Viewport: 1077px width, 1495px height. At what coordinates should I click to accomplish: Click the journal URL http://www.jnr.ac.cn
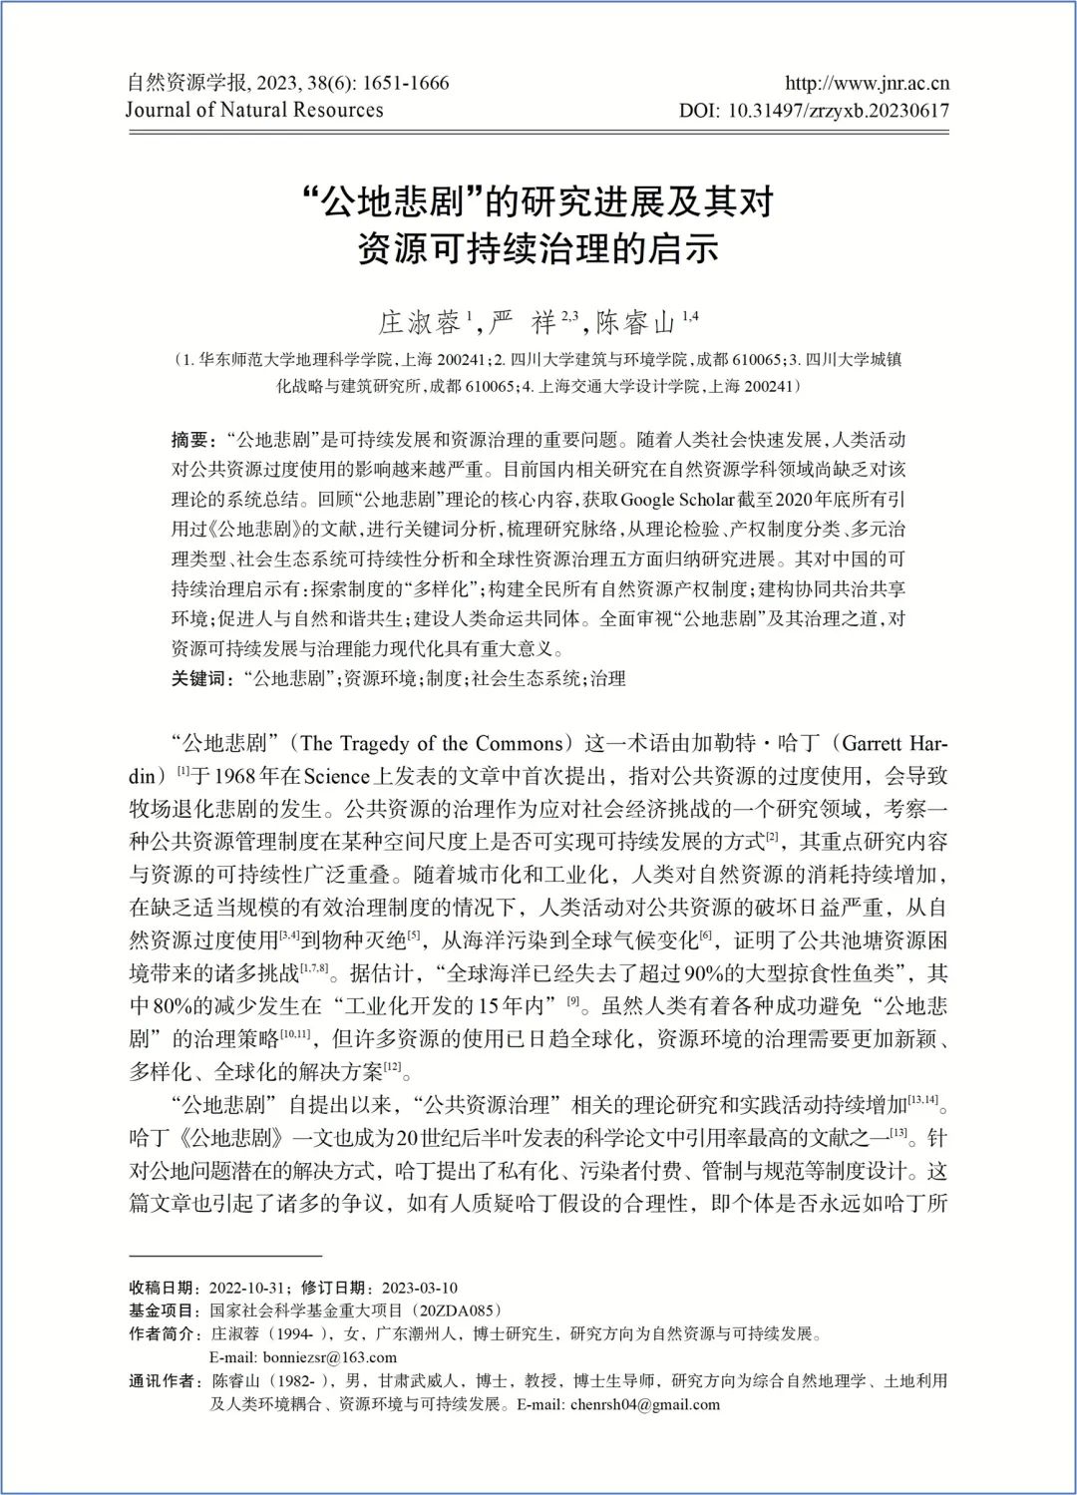pyautogui.click(x=867, y=83)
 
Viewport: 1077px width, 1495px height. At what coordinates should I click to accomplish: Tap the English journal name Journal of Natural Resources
pyautogui.click(x=254, y=111)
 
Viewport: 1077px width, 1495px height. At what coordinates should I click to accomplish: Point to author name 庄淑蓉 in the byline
pyautogui.click(x=419, y=322)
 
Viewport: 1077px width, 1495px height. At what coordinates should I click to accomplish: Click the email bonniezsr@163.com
pyautogui.click(x=289, y=1357)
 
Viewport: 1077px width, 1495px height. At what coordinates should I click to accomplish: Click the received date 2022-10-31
pyautogui.click(x=248, y=1288)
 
